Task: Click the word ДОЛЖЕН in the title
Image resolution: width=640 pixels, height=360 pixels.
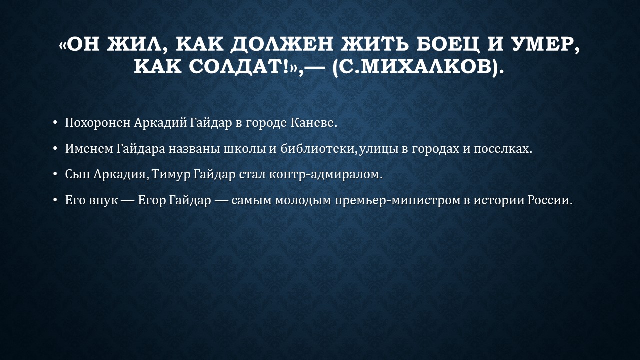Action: point(281,44)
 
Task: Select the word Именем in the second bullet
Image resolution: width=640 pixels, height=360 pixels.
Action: point(89,149)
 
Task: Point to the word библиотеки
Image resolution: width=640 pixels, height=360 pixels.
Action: point(317,149)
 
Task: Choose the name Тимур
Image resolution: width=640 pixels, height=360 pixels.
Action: point(171,174)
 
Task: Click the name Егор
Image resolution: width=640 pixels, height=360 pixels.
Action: point(151,200)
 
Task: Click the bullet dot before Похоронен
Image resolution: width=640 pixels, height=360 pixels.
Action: point(55,123)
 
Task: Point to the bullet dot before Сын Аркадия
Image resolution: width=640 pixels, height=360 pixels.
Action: point(55,174)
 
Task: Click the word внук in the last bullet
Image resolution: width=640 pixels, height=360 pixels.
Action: point(103,200)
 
